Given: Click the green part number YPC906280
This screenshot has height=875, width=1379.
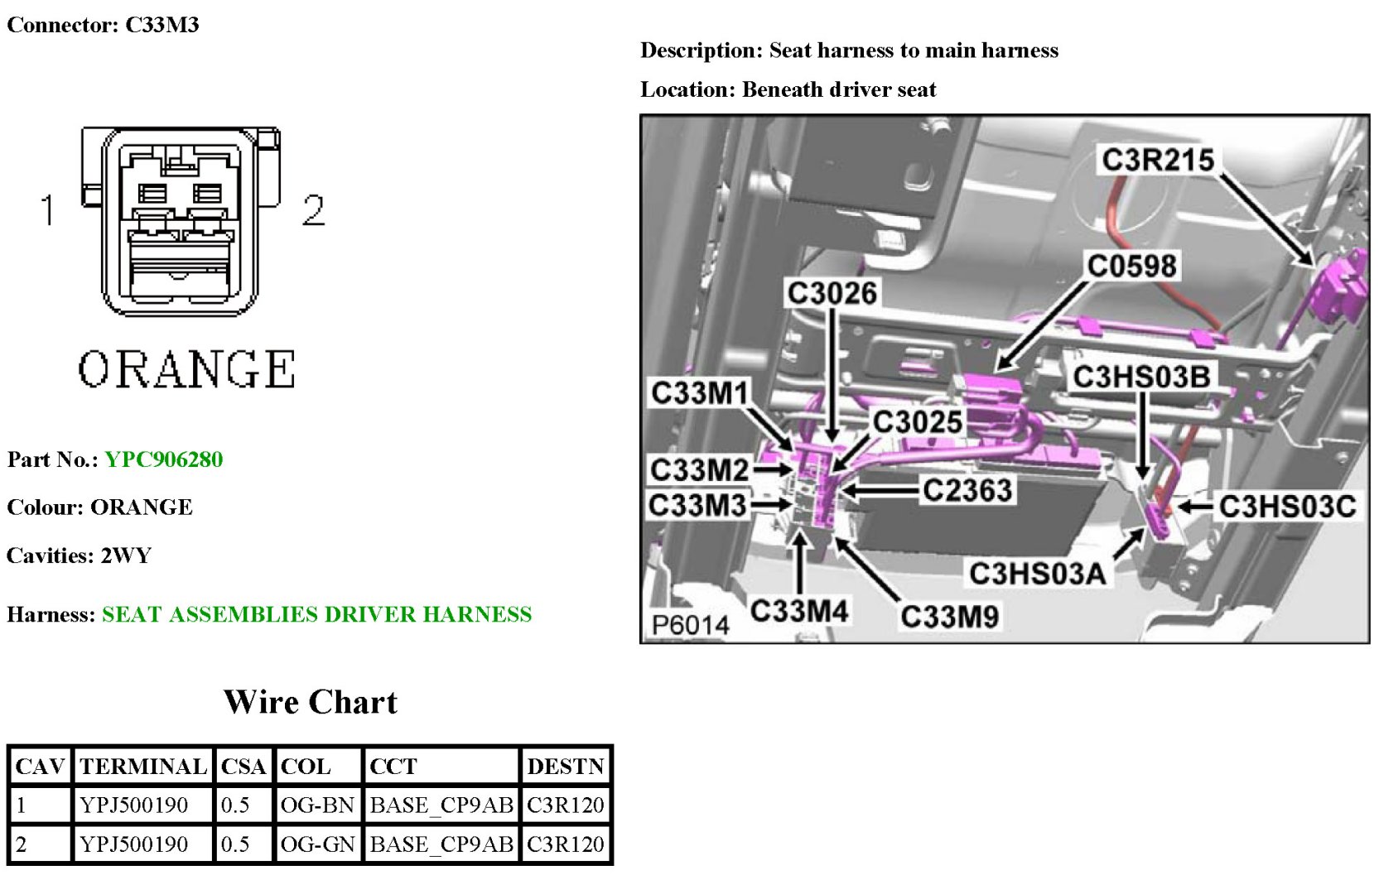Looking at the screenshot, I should point(164,459).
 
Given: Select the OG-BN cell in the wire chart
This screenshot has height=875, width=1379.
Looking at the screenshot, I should point(317,805).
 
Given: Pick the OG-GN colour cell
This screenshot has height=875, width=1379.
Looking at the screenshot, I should point(317,844).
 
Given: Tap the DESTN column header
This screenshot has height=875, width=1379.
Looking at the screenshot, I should point(566,767).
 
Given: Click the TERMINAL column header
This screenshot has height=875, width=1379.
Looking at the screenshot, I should point(142,767).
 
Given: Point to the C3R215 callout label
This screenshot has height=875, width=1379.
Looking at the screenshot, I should point(1157,160).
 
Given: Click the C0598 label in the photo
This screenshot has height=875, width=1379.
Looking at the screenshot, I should point(1131,266).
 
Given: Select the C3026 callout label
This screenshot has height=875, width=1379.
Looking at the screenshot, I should point(832,293).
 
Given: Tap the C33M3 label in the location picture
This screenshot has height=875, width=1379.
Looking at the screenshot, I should point(697,505).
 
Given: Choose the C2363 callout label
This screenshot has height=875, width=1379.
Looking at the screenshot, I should point(967,490).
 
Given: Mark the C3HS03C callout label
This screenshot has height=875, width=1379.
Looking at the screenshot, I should point(1287,506).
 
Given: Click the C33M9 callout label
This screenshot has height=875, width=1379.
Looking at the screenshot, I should point(949,616).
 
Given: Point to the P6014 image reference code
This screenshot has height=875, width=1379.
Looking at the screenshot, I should point(690,625).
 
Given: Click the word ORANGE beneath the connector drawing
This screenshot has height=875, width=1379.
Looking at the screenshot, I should point(186,369).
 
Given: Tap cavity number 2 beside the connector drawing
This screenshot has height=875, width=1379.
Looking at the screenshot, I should point(313,210).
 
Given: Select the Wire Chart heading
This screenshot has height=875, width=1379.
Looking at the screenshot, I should point(311,702).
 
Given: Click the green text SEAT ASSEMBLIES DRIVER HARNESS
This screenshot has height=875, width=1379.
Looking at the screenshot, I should point(316,614).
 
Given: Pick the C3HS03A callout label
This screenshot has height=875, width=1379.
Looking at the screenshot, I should point(1037,573).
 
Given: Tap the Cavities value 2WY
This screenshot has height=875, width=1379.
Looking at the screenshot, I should point(126,555).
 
